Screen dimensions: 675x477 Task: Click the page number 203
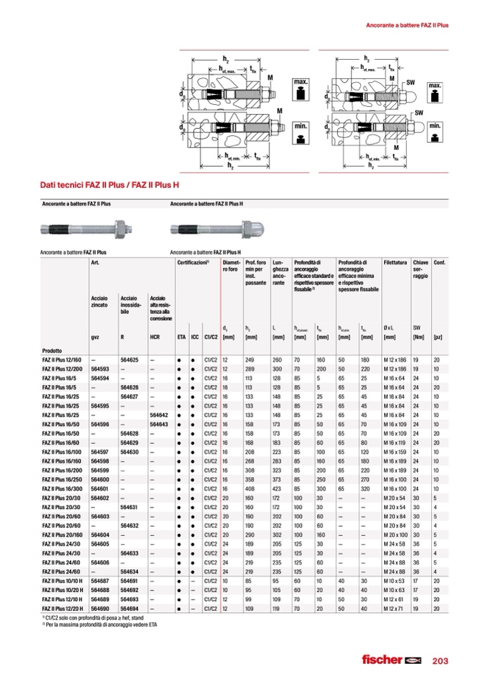point(440,660)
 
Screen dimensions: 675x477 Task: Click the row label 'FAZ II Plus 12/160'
point(62,360)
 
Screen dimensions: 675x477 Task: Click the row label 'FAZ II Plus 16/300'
point(62,489)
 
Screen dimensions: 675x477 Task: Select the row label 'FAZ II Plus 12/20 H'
point(63,609)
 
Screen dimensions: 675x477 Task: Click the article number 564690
point(100,609)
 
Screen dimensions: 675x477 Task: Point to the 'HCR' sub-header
point(155,338)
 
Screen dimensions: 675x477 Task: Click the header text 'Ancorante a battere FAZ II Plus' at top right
point(408,25)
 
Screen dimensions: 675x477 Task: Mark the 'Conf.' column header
point(439,263)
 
